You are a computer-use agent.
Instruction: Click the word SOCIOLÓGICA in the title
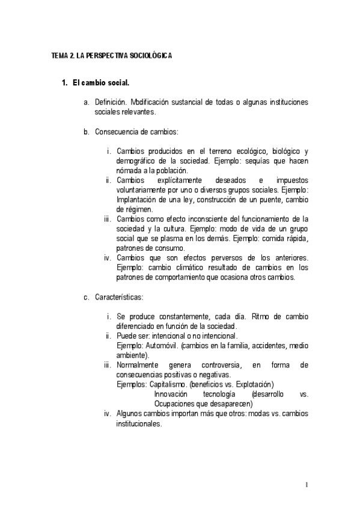click(150, 55)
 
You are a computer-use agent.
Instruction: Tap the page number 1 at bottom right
click(307, 485)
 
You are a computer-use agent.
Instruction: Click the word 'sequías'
click(260, 161)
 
